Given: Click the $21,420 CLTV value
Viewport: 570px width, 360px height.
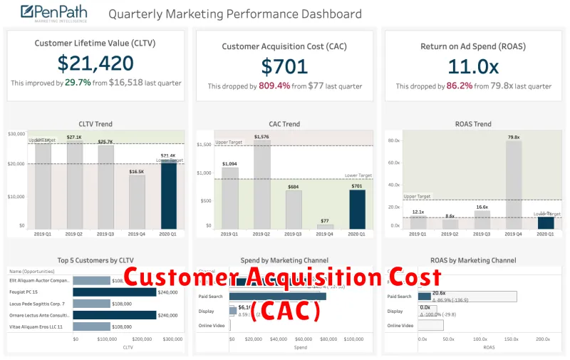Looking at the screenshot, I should click(95, 64).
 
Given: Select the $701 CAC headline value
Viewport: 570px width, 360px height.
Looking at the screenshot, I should click(285, 66).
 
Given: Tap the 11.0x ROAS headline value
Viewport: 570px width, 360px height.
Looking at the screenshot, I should click(473, 66).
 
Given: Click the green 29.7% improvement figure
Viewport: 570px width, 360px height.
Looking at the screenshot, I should click(77, 83).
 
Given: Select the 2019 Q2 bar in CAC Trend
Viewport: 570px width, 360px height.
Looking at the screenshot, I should click(261, 184).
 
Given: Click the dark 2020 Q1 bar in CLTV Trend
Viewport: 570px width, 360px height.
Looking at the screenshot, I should click(168, 195).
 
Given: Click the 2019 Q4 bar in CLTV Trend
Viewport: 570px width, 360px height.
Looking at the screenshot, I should click(137, 202).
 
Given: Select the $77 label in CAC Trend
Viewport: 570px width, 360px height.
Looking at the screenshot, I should click(325, 221).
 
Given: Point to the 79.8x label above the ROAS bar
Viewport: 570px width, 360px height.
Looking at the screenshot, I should click(514, 137).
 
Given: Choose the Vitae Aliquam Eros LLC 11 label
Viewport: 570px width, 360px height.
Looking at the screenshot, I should click(36, 326).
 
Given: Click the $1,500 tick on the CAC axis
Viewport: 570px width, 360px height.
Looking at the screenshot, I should click(204, 145).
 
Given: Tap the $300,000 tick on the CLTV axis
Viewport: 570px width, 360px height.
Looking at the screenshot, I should click(173, 339).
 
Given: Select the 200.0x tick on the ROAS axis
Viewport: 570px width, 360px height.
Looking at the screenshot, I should click(543, 339).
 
